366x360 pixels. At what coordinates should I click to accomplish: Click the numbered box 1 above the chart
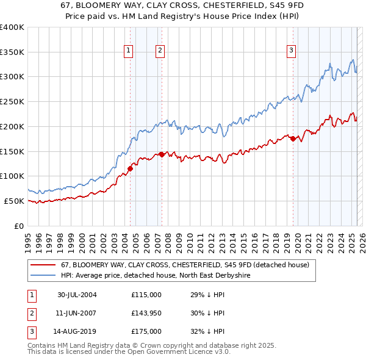pos(129,51)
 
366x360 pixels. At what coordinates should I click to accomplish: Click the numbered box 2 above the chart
pos(160,51)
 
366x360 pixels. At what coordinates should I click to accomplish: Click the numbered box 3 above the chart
pos(292,51)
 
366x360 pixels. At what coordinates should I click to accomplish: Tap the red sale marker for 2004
pos(130,168)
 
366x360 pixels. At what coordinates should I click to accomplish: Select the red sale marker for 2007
pos(162,154)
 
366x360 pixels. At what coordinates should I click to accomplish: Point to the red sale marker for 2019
pos(293,139)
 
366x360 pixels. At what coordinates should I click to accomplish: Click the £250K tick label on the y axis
pos(12,102)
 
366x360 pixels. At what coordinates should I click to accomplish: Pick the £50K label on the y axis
pos(14,201)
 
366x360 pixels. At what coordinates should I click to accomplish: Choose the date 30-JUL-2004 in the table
pos(77,295)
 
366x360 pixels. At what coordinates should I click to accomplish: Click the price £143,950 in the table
pos(146,313)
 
